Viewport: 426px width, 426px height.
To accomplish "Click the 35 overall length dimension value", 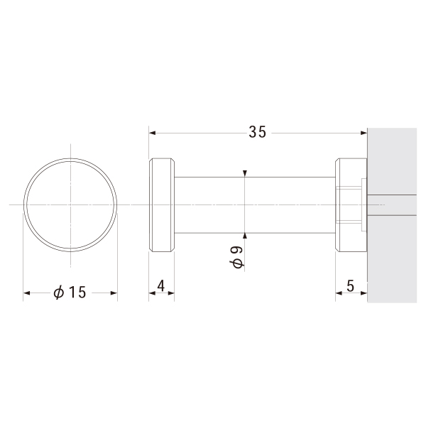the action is pos(257,132).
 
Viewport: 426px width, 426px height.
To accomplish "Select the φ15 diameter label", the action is pos(70,293).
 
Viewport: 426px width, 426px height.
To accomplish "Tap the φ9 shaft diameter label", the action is pos(237,257).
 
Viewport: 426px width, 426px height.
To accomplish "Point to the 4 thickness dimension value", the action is pos(161,286).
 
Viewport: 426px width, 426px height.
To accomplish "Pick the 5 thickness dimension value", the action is pos(351,286).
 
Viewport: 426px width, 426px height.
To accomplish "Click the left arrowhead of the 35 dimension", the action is pos(152,133).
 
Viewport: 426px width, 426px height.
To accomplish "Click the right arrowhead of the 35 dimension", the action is pos(364,133).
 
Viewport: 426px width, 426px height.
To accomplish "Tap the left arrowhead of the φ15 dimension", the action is pos(27,293).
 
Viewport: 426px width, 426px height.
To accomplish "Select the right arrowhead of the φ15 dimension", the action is pos(114,293).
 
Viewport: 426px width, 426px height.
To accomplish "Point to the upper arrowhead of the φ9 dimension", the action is pos(245,173).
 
